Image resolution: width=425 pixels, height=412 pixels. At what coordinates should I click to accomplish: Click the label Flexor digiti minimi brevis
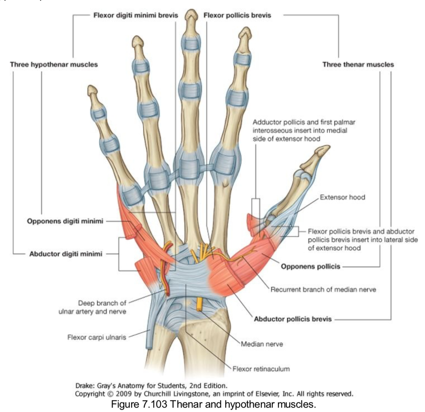(136, 15)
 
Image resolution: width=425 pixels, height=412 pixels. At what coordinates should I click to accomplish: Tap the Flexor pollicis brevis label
(237, 15)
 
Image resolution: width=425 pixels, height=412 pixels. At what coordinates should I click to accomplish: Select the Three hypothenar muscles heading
(54, 65)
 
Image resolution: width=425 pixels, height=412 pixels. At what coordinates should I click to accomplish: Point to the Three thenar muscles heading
(358, 65)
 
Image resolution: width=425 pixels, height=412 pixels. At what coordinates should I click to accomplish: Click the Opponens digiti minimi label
(65, 221)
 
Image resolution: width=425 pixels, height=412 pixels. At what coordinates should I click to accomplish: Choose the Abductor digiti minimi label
(66, 254)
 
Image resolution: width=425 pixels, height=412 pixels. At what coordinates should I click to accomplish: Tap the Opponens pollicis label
(310, 266)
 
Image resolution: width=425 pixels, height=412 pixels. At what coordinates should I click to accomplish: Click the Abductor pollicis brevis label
(293, 319)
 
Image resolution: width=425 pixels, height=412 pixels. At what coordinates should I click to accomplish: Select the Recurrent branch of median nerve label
(323, 290)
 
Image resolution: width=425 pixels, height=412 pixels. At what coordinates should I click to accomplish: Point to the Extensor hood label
(342, 197)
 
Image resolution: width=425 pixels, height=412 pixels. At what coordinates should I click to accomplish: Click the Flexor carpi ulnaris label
(96, 338)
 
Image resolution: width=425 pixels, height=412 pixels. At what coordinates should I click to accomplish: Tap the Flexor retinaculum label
(261, 369)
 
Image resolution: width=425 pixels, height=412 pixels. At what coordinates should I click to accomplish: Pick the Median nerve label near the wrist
(262, 344)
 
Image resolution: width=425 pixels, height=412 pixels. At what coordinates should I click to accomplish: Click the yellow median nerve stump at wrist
(199, 304)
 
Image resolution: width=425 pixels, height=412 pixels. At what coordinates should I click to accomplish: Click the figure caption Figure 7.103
(212, 404)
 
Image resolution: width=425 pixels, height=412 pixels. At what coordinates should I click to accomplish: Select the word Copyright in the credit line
(89, 394)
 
